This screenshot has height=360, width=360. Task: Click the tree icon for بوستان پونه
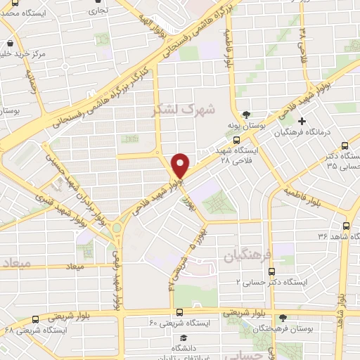pos(245,115)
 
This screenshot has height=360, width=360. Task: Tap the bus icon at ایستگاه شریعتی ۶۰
pos(180,312)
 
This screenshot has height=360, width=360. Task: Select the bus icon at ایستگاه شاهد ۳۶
pos(345,226)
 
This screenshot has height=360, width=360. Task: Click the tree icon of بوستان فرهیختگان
pos(283,319)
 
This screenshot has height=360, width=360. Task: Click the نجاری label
pos(98,11)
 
